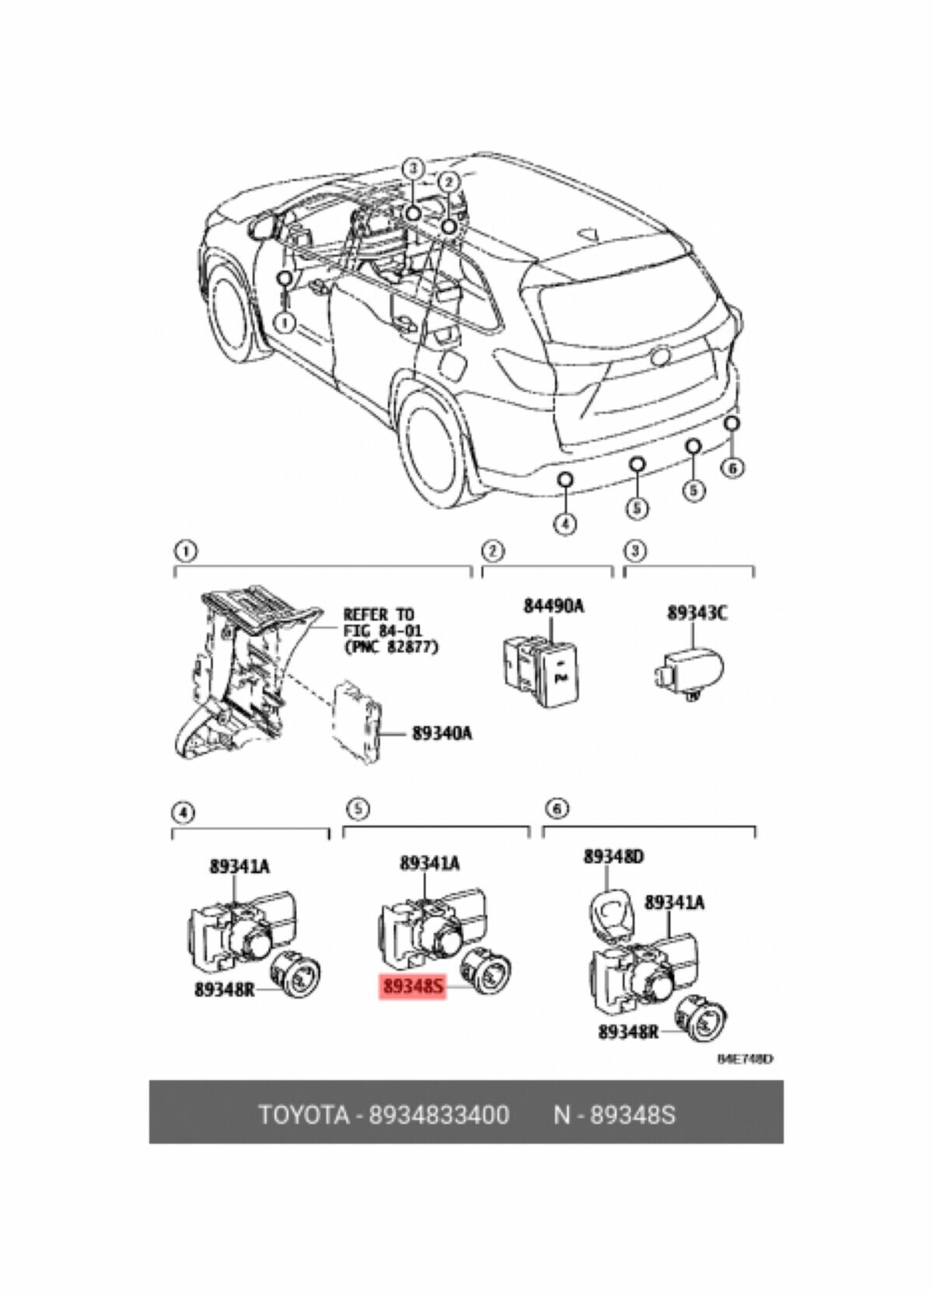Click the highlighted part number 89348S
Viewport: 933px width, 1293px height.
click(x=412, y=988)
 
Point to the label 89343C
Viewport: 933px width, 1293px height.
click(x=697, y=613)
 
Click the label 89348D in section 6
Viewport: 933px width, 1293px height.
click(x=613, y=857)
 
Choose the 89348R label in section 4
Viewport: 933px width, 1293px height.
click(x=226, y=989)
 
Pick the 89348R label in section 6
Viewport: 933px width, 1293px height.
click(x=628, y=1032)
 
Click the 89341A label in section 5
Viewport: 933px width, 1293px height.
click(x=429, y=862)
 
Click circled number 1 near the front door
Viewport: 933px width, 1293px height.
click(x=285, y=320)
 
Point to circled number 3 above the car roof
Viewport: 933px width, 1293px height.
click(x=414, y=167)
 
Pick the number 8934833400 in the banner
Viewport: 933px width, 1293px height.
click(x=439, y=1115)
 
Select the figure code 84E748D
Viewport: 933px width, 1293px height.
click(x=745, y=1059)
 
